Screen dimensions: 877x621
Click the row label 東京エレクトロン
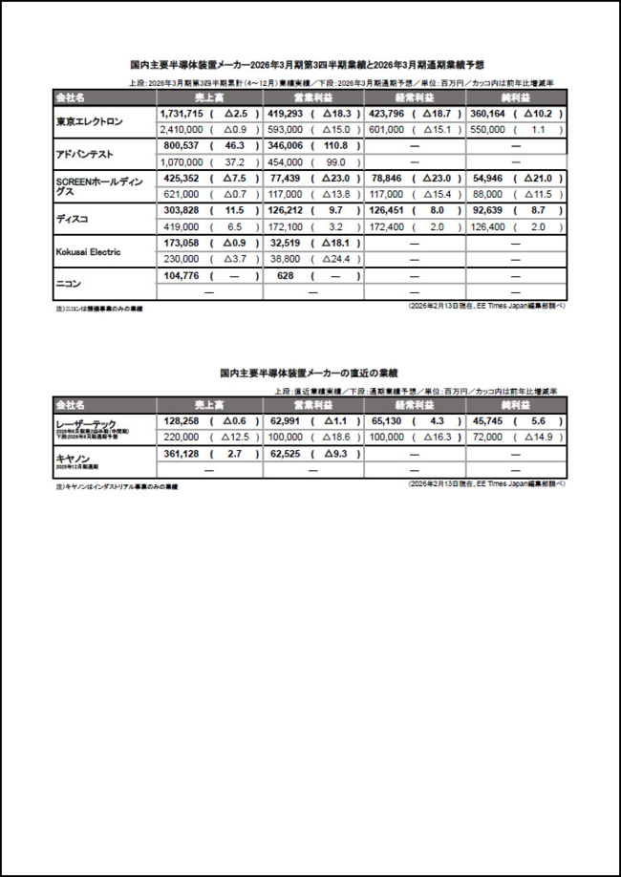point(90,120)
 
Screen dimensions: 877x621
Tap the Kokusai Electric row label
point(96,250)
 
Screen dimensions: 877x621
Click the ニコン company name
point(70,283)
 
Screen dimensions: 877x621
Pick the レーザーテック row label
point(86,422)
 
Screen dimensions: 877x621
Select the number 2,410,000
point(181,128)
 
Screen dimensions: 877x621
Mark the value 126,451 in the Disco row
point(388,210)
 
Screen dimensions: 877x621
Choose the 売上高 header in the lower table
point(207,405)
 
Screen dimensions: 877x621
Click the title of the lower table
point(310,374)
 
